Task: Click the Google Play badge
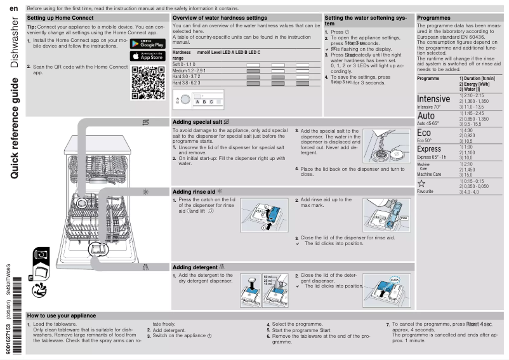coord(147,44)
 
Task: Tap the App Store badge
coord(147,56)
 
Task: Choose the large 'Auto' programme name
coord(426,116)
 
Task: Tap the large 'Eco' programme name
coord(423,133)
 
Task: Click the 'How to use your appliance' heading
coord(62,316)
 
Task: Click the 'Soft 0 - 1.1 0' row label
coord(185,65)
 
